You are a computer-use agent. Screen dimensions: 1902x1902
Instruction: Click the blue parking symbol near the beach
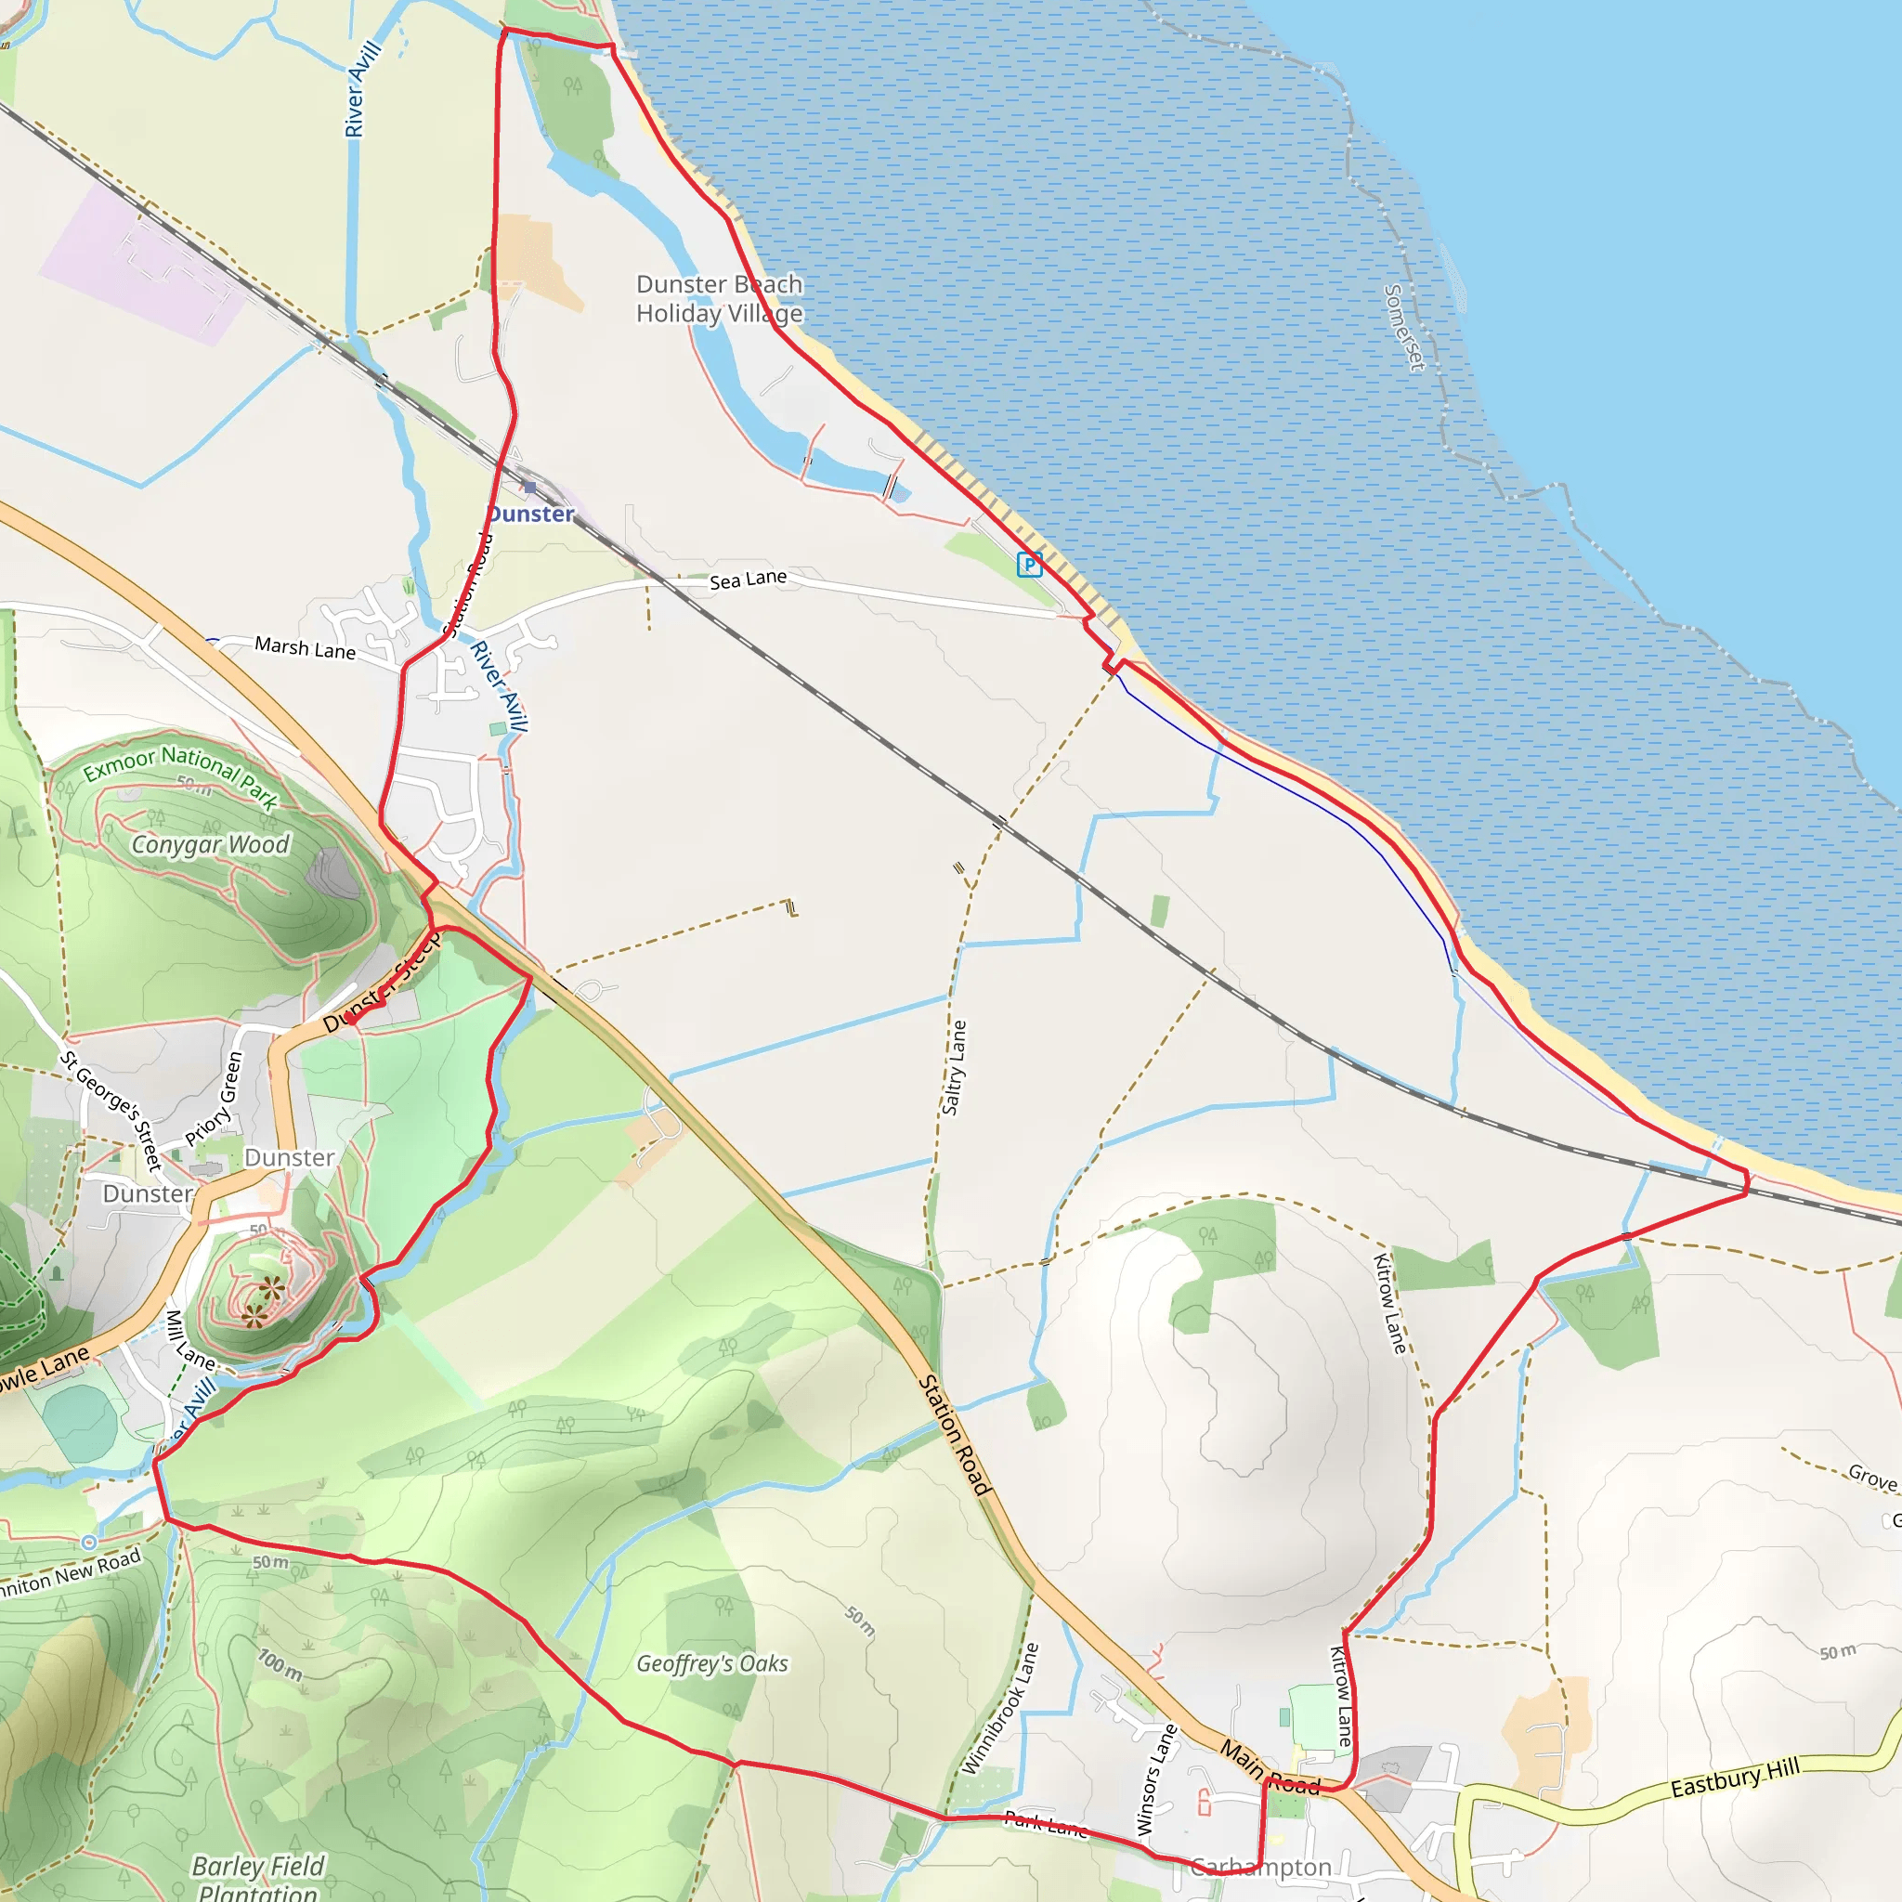coord(1029,564)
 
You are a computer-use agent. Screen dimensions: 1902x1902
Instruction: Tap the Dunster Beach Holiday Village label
coord(719,298)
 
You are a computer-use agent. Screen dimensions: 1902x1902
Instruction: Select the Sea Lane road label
coord(749,579)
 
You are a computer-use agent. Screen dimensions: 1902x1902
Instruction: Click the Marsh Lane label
coord(306,648)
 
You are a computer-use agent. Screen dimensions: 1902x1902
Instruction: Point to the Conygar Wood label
coord(211,845)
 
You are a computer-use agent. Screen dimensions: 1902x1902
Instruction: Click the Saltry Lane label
coord(954,1067)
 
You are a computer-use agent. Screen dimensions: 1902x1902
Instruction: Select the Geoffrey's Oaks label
coord(711,1663)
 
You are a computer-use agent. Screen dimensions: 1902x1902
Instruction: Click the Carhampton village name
coord(1260,1867)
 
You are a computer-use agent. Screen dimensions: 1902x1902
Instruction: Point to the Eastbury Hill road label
coord(1735,1777)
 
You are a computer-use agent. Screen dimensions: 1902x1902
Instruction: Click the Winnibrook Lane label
coord(999,1709)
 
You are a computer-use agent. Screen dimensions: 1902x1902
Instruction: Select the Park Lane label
coord(1046,1825)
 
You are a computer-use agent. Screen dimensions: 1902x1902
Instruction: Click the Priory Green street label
coord(214,1099)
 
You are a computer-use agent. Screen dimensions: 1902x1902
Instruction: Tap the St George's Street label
coord(111,1111)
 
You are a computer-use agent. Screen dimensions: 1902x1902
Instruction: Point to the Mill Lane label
coord(189,1340)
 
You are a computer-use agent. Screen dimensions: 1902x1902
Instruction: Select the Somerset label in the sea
coord(1404,328)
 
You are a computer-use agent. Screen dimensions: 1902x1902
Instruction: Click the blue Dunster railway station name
coord(530,514)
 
